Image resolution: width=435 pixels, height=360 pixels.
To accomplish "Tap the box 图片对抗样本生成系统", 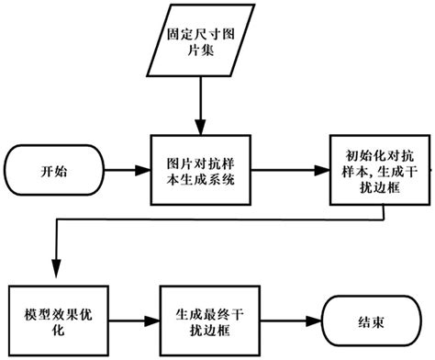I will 197,171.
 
